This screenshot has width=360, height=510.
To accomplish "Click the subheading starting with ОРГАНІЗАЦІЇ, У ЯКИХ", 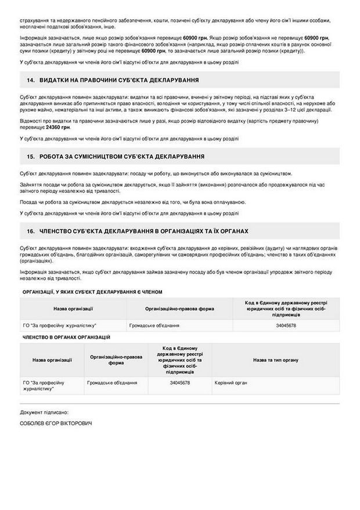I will click(92, 292).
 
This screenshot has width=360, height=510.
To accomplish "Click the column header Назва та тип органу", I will click(275, 360).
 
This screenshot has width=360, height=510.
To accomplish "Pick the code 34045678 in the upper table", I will click(286, 326).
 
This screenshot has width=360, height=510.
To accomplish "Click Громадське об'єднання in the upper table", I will click(154, 326).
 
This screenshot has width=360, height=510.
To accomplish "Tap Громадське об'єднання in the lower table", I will click(112, 383).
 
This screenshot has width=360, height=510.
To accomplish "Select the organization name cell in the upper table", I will click(59, 326).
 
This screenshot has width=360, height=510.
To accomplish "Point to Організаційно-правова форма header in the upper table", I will click(179, 308).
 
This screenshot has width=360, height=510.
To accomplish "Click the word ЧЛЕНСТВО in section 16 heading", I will click(59, 231).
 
